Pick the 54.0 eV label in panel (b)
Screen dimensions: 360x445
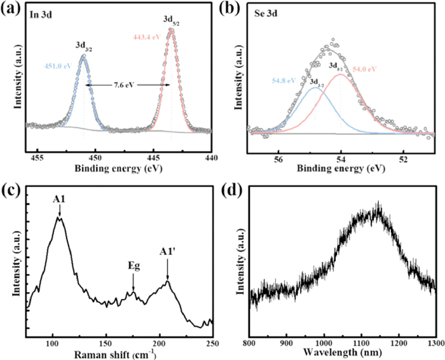point(364,68)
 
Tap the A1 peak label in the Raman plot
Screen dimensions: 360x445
point(59,198)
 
